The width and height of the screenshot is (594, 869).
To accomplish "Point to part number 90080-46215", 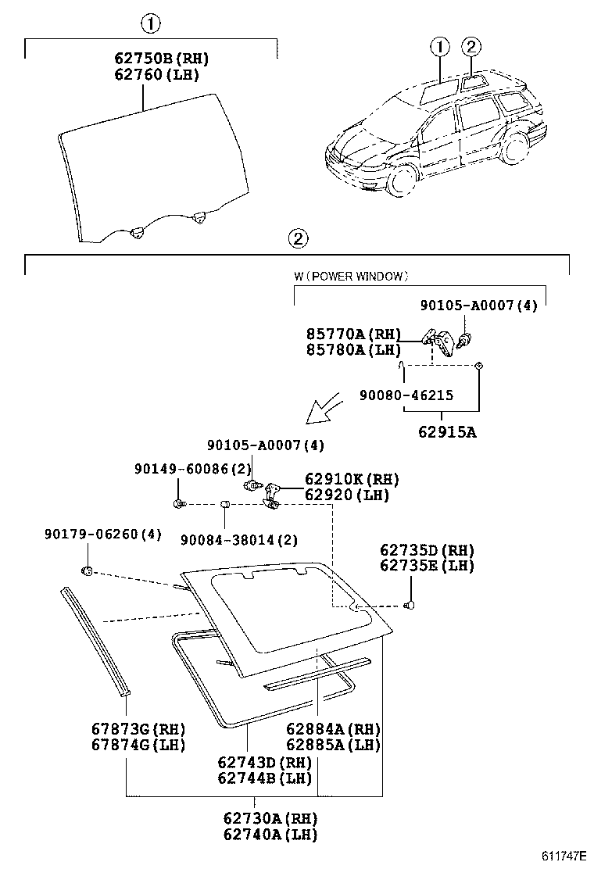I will point(406,395).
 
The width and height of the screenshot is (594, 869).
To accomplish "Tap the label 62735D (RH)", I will point(427,550).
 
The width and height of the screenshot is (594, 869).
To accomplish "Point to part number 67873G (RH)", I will point(138,729).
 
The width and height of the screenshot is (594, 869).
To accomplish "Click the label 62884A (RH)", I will point(332,729).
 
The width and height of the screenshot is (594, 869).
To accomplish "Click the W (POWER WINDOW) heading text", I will point(351,276).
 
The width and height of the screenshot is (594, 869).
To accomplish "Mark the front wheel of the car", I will point(400,180).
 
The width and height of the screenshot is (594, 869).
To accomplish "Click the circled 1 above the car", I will point(439,47).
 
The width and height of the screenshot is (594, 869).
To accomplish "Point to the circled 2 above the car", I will point(471,47).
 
